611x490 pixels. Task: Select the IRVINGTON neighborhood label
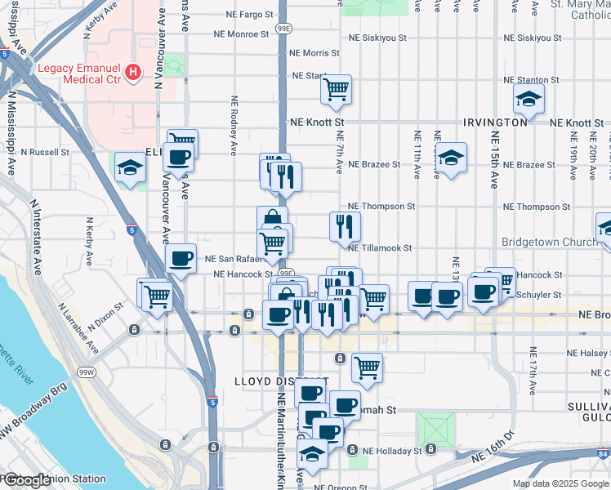494,122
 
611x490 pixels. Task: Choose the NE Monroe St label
241,34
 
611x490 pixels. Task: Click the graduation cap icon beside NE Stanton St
528,100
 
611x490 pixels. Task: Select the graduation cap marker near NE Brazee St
450,157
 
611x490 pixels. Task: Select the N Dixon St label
106,310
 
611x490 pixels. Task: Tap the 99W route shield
86,372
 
